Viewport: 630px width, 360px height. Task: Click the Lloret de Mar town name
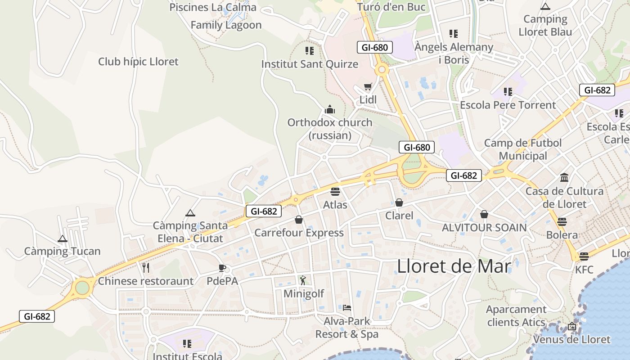454,266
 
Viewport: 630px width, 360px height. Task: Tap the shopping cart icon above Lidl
368,87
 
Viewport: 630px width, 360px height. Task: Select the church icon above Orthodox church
330,109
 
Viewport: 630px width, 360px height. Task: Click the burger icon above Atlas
335,192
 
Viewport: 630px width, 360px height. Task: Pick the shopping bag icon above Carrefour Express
299,220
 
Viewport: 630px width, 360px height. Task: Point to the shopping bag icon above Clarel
399,202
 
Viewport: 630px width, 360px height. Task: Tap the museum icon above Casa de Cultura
564,177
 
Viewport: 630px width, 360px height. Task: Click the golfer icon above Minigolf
303,280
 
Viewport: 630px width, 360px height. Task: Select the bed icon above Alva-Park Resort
347,308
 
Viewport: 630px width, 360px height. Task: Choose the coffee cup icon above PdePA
222,268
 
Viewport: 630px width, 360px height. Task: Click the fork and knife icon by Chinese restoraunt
145,268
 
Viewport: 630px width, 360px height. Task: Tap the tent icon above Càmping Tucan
63,238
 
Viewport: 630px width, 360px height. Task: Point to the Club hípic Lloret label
138,62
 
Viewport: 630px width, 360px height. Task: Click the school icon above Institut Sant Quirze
309,50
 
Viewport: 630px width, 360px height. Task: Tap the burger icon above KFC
584,256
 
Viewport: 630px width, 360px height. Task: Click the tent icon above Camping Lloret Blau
545,6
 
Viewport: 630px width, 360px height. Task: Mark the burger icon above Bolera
562,221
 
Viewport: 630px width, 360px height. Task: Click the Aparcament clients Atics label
516,316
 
